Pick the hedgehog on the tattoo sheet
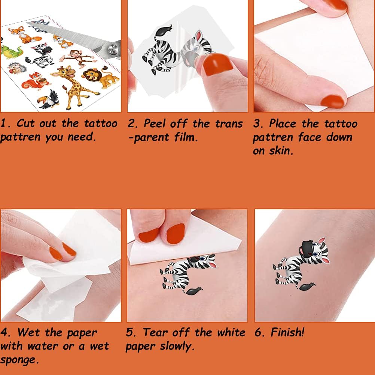(17, 68)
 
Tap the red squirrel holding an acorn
(36, 81)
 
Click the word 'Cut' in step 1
(25, 124)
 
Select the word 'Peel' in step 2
(155, 124)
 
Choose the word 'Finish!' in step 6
(287, 332)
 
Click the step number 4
(4, 332)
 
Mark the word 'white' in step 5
(231, 332)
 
